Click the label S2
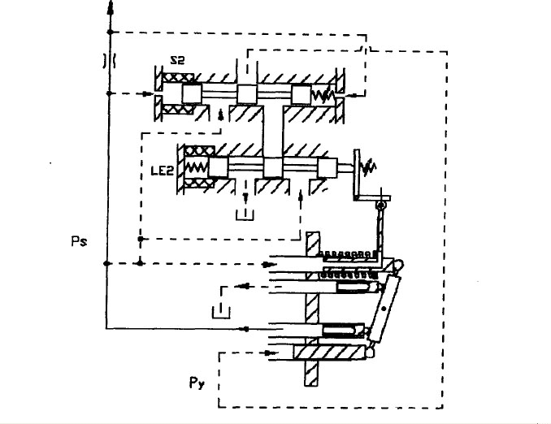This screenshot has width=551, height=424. [179, 58]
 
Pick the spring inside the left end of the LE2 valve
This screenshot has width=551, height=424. [197, 167]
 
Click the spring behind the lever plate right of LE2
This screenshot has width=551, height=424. [368, 169]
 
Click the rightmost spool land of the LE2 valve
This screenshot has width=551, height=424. [327, 168]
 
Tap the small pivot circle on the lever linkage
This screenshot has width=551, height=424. [379, 207]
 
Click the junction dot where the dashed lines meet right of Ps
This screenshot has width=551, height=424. [141, 263]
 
